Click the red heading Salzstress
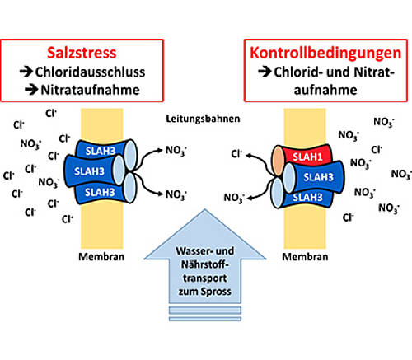tap(82, 53)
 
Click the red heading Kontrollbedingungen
tap(325, 53)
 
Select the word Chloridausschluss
tap(90, 72)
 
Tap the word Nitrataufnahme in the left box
tap(90, 90)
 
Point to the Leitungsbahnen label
tap(203, 119)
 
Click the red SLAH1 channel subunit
tap(307, 156)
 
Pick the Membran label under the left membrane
tap(101, 257)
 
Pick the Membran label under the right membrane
tap(305, 257)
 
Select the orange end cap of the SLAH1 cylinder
tap(278, 161)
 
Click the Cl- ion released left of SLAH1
tap(236, 153)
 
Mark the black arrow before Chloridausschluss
tap(26, 72)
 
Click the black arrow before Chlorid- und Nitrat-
tap(265, 72)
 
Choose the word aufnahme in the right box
tap(325, 90)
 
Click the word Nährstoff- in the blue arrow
tap(205, 264)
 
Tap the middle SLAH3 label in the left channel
tap(89, 171)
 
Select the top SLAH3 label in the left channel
tap(101, 151)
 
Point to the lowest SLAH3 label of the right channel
tap(307, 197)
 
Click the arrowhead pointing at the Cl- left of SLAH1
tap(249, 156)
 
